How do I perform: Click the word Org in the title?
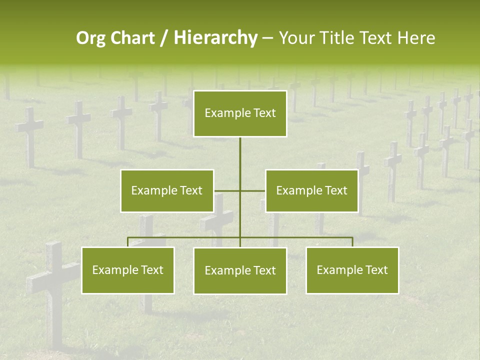click(x=91, y=38)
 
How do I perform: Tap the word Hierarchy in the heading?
click(x=215, y=38)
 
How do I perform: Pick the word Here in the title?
click(x=416, y=38)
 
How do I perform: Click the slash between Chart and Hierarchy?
click(x=164, y=38)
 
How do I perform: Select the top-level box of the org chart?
click(x=240, y=113)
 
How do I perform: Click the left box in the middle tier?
click(x=167, y=190)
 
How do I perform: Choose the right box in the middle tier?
click(x=312, y=190)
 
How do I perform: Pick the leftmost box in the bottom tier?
click(x=128, y=270)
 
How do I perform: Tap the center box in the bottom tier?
click(x=240, y=271)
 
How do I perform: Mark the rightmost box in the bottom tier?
click(x=352, y=270)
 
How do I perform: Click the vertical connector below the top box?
click(x=240, y=160)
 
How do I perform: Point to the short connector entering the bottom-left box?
click(x=128, y=242)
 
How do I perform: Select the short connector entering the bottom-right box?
click(x=352, y=242)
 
